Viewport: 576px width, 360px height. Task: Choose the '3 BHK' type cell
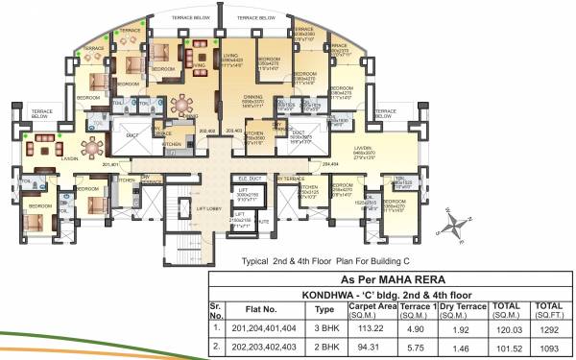point(324,326)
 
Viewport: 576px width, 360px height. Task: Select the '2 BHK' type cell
point(324,348)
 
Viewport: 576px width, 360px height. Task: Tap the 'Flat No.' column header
point(263,309)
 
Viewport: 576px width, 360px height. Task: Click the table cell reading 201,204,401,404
point(263,326)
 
